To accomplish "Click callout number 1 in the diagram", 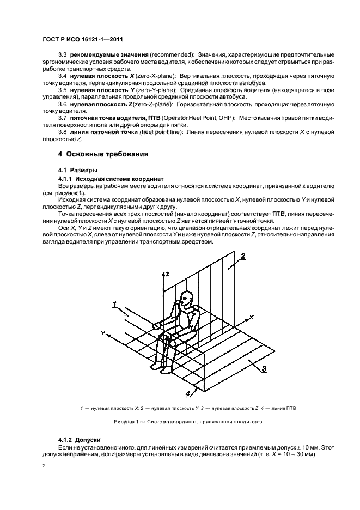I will (x=115, y=304).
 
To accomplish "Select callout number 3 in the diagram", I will (x=264, y=369).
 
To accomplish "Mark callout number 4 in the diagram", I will (x=187, y=392).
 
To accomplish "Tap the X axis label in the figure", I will (x=251, y=316).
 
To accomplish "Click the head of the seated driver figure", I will (x=187, y=299).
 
